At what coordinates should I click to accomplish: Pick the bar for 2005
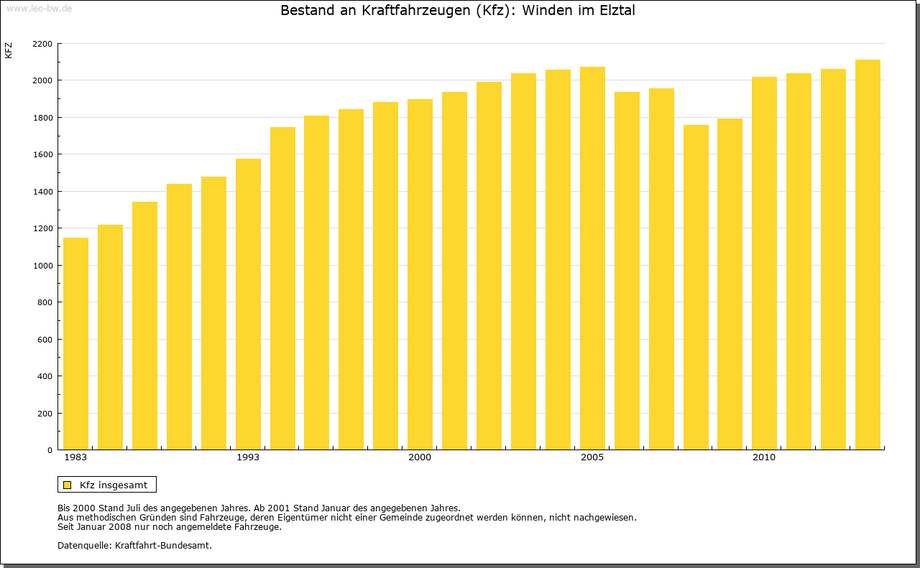pyautogui.click(x=592, y=258)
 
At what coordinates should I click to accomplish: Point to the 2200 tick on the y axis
pyautogui.click(x=42, y=44)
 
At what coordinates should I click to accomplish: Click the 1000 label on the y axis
pyautogui.click(x=42, y=266)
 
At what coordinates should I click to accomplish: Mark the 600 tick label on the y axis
pyautogui.click(x=45, y=340)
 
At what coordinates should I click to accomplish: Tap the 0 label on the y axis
pyautogui.click(x=50, y=450)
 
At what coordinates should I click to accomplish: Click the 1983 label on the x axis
pyautogui.click(x=75, y=457)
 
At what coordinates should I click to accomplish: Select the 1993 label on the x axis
pyautogui.click(x=248, y=457)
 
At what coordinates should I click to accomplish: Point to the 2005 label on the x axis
pyautogui.click(x=592, y=457)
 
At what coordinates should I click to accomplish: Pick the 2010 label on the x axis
pyautogui.click(x=764, y=457)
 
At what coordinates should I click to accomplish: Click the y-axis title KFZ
pyautogui.click(x=9, y=50)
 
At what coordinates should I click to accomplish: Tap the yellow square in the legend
pyautogui.click(x=68, y=485)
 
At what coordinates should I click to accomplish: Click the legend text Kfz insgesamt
pyautogui.click(x=114, y=485)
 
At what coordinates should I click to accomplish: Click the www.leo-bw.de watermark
pyautogui.click(x=39, y=7)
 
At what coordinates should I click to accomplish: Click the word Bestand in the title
pyautogui.click(x=305, y=11)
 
